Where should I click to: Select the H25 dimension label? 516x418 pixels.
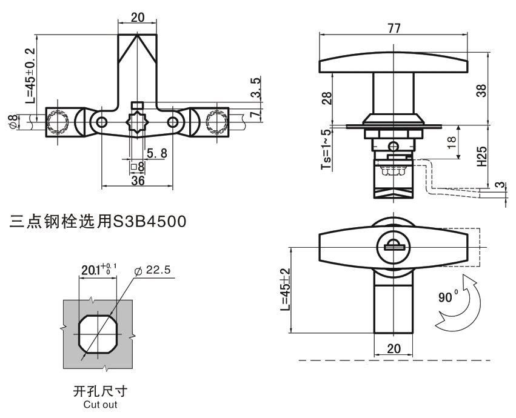482,155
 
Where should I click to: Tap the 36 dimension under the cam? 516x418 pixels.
138,180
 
